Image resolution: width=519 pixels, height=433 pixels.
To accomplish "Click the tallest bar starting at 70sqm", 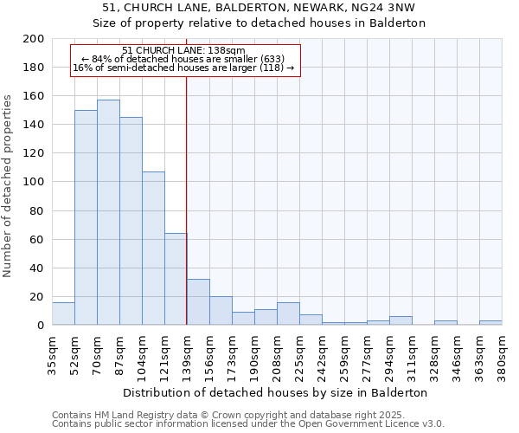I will (108, 212).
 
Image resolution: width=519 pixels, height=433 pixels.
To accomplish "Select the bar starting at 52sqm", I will (86, 217).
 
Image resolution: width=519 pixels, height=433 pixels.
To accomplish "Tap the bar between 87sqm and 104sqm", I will (131, 221).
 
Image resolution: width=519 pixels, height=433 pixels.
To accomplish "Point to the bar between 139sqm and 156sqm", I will (198, 302).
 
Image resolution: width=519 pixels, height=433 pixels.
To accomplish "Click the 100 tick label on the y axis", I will (34, 182).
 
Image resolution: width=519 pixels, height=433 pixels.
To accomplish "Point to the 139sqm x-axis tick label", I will (187, 352).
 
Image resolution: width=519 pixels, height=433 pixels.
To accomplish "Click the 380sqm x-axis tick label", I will (502, 352).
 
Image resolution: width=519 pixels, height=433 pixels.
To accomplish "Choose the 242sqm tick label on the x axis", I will (322, 352).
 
